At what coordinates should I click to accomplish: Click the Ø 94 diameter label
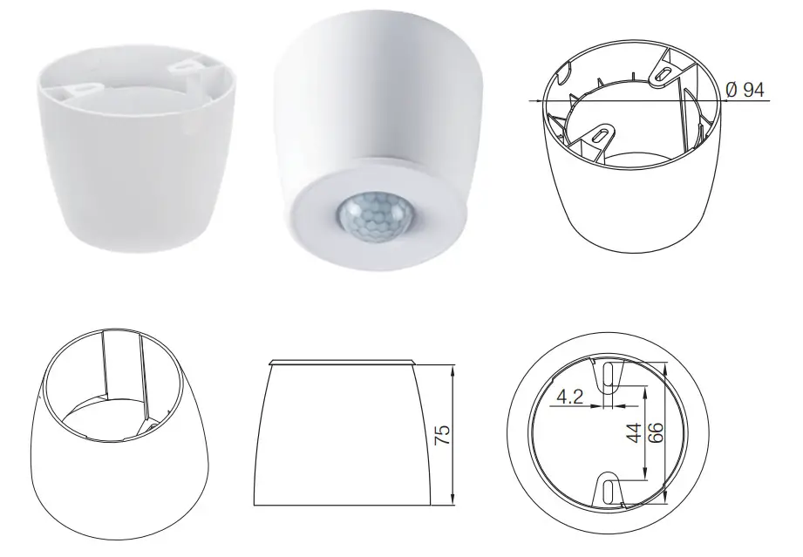(x=746, y=89)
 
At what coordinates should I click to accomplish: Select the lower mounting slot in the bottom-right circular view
(x=609, y=490)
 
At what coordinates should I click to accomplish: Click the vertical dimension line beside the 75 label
(x=453, y=436)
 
